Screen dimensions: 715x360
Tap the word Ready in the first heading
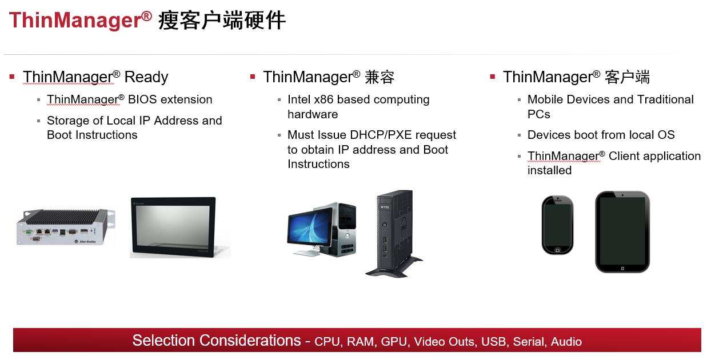146,77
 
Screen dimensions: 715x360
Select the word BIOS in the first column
142,99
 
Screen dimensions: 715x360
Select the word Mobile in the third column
544,99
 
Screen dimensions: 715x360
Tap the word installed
549,170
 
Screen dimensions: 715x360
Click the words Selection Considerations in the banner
217,341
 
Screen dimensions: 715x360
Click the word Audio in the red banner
566,342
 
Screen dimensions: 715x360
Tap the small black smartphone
557,225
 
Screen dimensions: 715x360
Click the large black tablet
622,231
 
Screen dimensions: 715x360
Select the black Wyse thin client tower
394,233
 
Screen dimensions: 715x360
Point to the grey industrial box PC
65,227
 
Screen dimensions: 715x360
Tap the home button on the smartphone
557,250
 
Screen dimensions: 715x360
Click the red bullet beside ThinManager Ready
12,77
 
